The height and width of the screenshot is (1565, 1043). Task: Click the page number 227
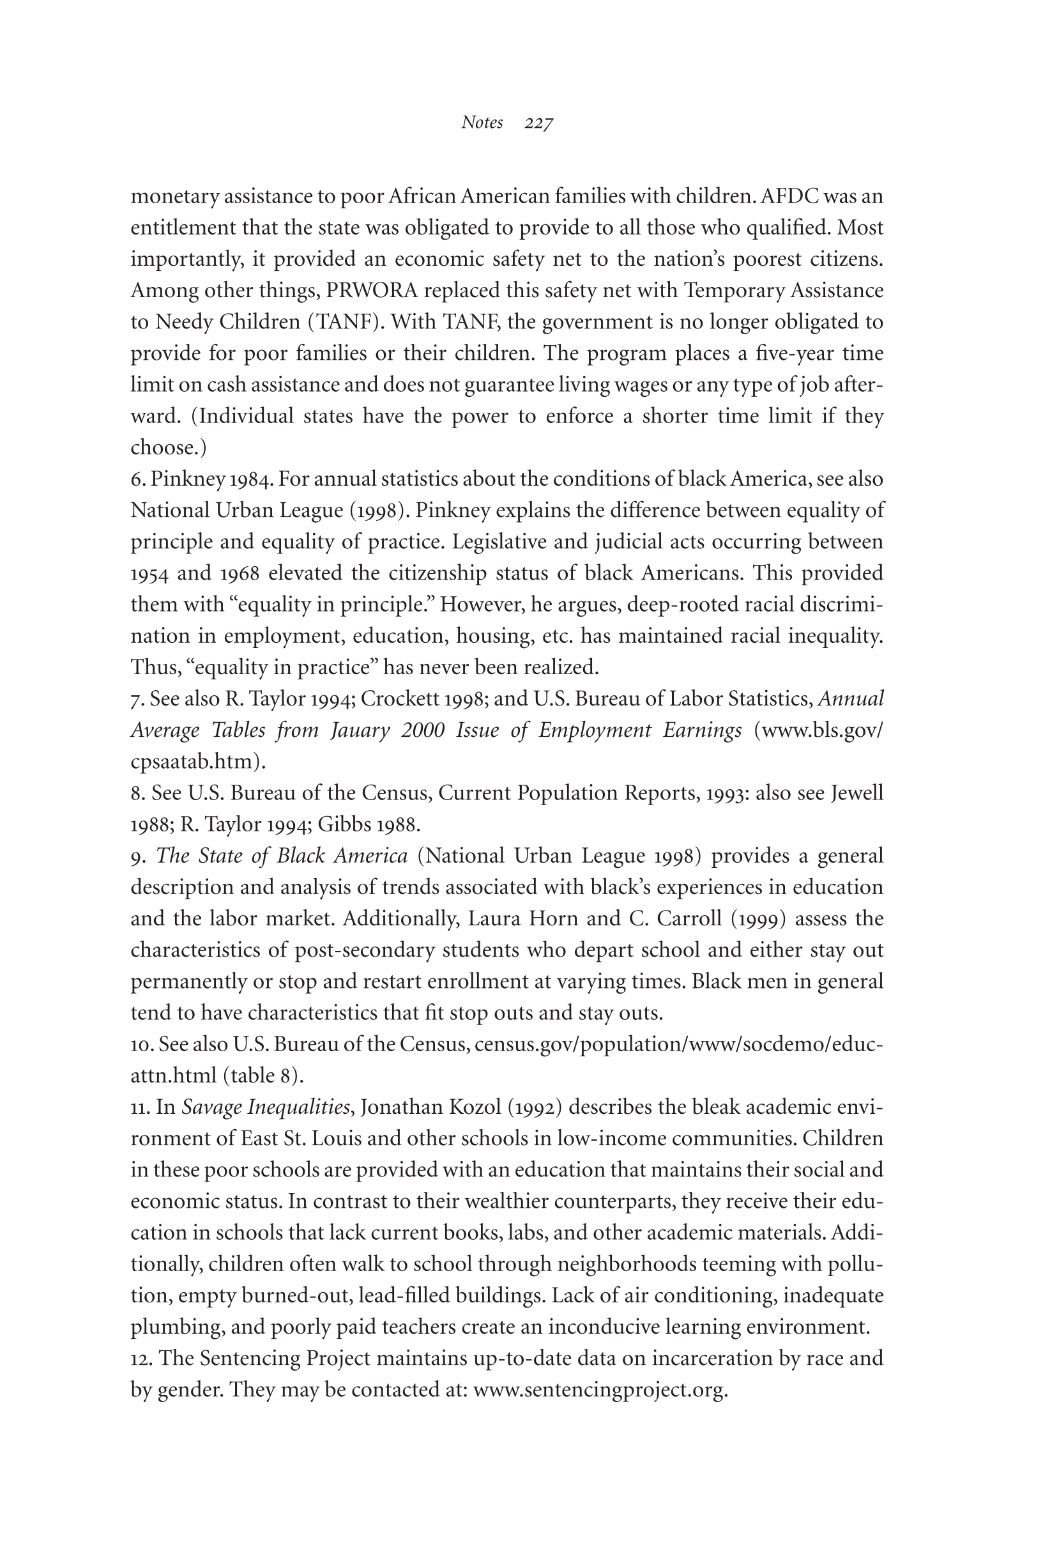(x=539, y=123)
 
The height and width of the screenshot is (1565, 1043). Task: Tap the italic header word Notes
(x=482, y=123)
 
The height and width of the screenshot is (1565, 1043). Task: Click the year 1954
(x=149, y=574)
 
